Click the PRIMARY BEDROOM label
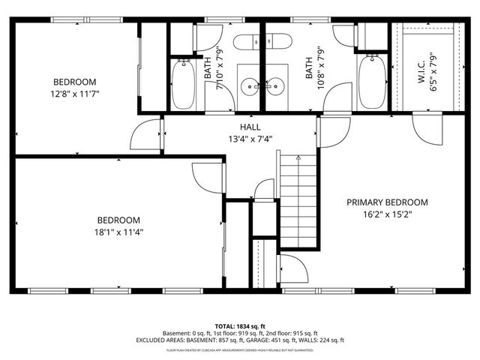[387, 202]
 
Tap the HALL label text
[250, 127]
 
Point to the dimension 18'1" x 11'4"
[118, 232]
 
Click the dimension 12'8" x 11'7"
[74, 94]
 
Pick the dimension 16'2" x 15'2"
[387, 214]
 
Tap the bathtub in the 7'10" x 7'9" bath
[183, 85]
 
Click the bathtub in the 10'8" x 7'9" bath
[370, 85]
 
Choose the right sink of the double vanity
[274, 87]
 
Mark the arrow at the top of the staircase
[298, 158]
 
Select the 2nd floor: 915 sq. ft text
[292, 332]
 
